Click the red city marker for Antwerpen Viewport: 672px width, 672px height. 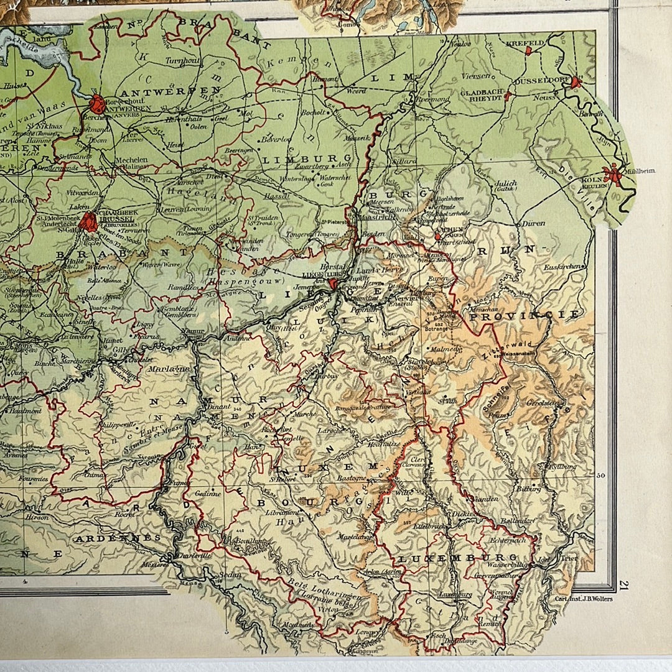pyautogui.click(x=97, y=103)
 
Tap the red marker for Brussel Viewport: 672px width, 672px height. pyautogui.click(x=88, y=221)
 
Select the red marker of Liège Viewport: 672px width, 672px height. pyautogui.click(x=334, y=284)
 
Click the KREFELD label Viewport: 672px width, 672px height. pyautogui.click(x=525, y=43)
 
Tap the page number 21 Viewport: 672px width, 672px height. pyautogui.click(x=623, y=584)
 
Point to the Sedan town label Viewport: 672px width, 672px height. pyautogui.click(x=230, y=575)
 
